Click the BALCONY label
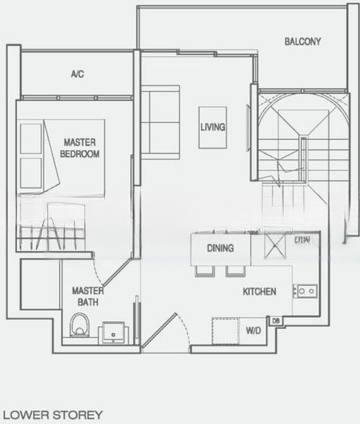coord(302,42)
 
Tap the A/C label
coord(78,73)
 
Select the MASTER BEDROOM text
coord(80,148)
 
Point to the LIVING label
coord(212,128)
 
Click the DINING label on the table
coord(220,249)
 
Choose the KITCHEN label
coord(259,291)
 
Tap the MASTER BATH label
coord(88,296)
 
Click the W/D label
coord(253,330)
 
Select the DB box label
coord(276,322)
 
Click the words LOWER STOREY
coord(53,414)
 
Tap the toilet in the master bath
coord(80,325)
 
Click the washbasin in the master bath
coord(113,331)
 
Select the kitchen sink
coord(305,290)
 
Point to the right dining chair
coord(234,271)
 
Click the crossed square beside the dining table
coord(271,249)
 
